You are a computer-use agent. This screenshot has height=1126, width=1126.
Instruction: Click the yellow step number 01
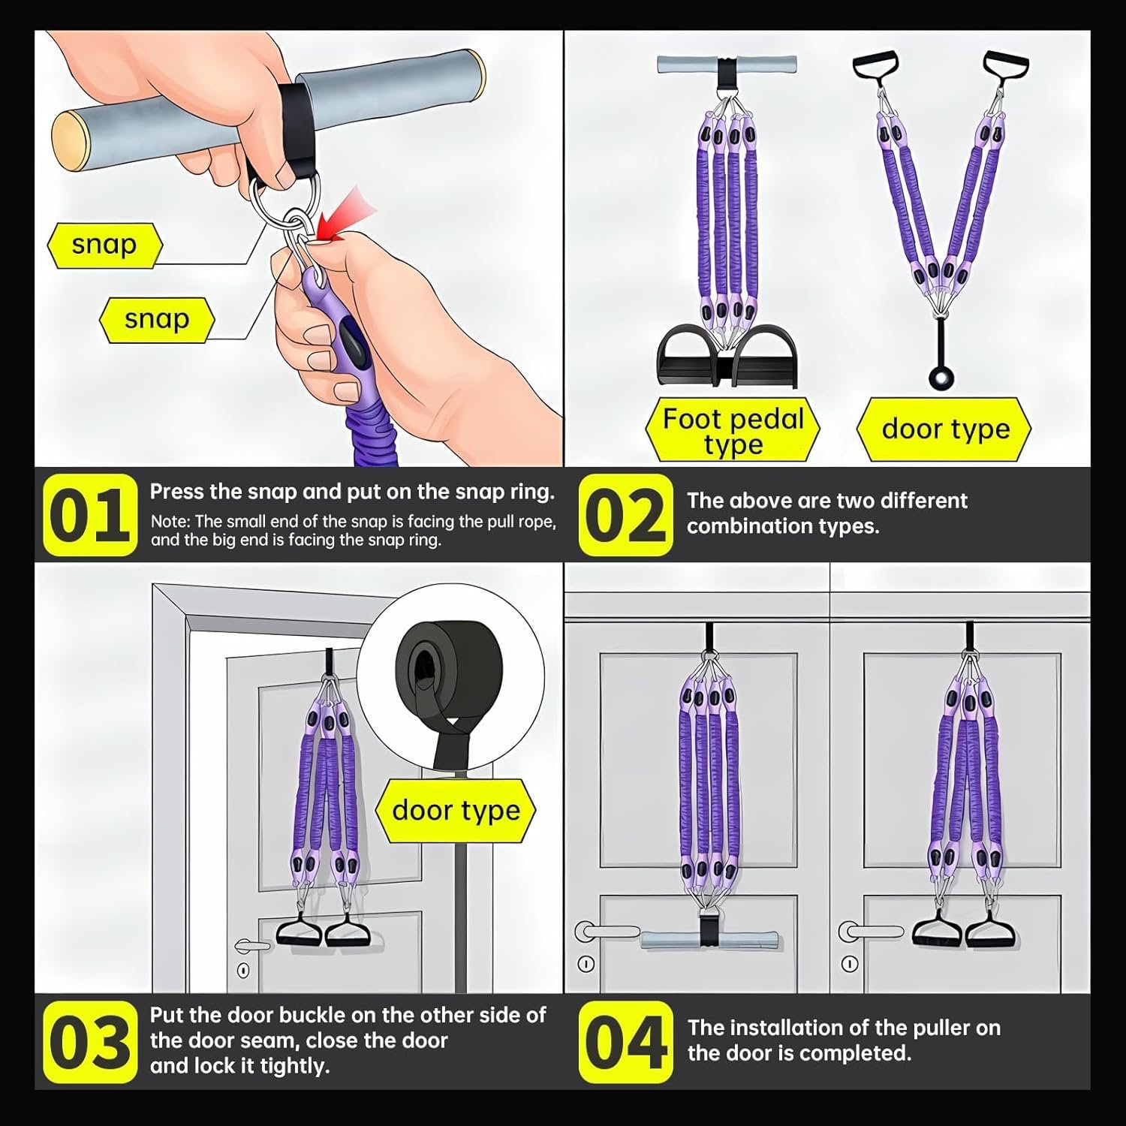(x=90, y=516)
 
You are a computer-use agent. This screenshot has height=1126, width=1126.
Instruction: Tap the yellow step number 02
(x=626, y=516)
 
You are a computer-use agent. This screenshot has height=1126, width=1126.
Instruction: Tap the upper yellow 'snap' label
(x=104, y=245)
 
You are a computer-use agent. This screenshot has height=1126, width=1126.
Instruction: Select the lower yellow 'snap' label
(x=157, y=320)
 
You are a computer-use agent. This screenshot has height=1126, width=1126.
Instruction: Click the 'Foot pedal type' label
(x=733, y=431)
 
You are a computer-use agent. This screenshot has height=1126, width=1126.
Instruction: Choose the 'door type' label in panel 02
(x=945, y=429)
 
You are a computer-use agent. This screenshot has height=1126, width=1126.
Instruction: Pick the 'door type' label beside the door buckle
(x=456, y=811)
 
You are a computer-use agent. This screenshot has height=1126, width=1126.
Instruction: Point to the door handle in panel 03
(x=251, y=945)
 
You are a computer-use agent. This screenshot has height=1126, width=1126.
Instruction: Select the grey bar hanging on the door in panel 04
(x=709, y=938)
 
